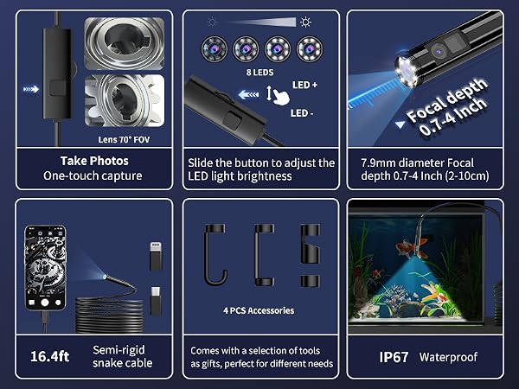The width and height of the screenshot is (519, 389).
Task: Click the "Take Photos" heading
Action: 94,161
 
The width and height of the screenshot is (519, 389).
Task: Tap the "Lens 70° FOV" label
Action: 124,139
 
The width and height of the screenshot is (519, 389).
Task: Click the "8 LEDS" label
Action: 259,72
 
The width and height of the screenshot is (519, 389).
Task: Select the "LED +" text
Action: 304,85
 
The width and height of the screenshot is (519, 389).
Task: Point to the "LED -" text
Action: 302,113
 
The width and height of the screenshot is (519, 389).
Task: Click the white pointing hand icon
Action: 281,97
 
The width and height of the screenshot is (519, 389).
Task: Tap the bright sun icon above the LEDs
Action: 305,22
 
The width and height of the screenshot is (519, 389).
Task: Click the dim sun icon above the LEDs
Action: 212,22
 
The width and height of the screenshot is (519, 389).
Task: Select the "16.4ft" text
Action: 49,356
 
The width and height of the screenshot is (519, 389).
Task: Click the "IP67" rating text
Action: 394,357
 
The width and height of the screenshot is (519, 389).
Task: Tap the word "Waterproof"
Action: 448,357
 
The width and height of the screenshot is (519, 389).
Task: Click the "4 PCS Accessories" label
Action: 259,310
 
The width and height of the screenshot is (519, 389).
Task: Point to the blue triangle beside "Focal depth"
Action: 400,124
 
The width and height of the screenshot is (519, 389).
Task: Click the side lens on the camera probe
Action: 439,51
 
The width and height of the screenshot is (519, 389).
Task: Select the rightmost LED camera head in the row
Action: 309,49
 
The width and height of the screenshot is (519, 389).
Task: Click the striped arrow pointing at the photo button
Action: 31,89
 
